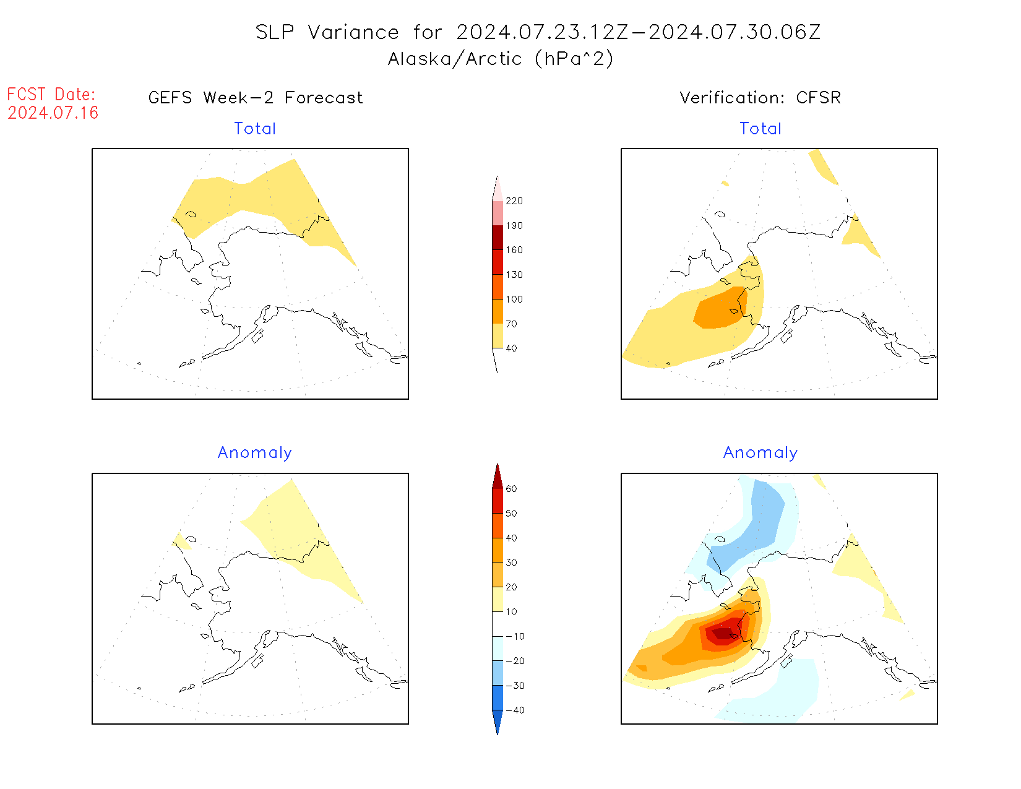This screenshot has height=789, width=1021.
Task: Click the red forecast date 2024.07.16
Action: tap(53, 113)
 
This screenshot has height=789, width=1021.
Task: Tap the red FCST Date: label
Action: tap(51, 94)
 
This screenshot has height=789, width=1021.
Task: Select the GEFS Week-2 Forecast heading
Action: tap(256, 98)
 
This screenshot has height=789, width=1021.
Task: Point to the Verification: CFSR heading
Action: tap(760, 98)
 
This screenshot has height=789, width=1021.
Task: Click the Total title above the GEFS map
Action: tap(255, 129)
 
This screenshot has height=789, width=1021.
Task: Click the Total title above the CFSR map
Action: tap(760, 129)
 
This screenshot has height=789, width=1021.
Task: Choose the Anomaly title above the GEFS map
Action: tap(255, 453)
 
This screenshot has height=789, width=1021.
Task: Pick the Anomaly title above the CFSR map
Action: tap(760, 453)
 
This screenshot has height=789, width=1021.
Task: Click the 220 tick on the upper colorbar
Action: tap(514, 201)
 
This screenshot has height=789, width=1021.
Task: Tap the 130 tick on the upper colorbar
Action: tap(514, 275)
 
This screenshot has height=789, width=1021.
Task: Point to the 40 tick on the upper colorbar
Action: tap(511, 348)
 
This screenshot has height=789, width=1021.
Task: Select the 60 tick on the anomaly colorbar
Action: tap(511, 489)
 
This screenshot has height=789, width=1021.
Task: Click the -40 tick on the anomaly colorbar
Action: tap(515, 710)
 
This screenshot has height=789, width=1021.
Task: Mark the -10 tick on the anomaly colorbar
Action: tap(515, 636)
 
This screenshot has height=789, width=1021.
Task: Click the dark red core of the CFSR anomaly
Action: tap(722, 633)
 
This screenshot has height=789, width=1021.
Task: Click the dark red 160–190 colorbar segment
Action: tap(498, 238)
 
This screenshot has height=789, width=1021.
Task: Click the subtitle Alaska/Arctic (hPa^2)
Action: tap(501, 59)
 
